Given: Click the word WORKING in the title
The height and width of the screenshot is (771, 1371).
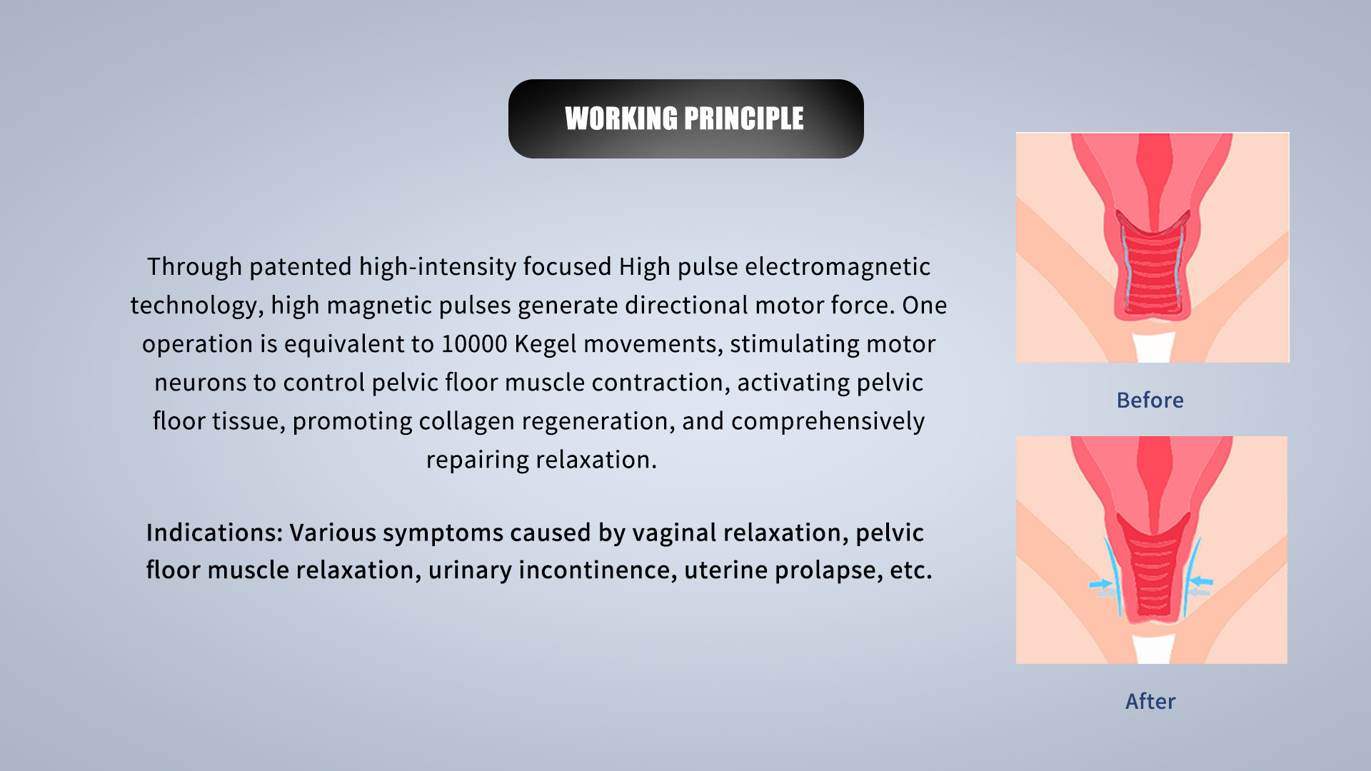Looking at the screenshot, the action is pyautogui.click(x=621, y=119).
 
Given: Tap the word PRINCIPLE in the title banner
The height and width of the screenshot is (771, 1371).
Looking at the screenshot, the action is pyautogui.click(x=745, y=119).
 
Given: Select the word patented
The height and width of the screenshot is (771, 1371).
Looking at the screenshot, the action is pyautogui.click(x=301, y=267).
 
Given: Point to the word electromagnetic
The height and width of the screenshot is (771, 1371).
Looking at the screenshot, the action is pyautogui.click(x=838, y=267).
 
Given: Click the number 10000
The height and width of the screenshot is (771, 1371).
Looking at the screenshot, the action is pyautogui.click(x=474, y=344).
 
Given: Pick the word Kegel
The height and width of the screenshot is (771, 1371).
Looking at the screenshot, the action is pyautogui.click(x=546, y=344).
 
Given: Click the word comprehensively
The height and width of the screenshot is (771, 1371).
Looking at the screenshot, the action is pyautogui.click(x=828, y=421).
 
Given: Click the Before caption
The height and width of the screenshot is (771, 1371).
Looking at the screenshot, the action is pyautogui.click(x=1150, y=400).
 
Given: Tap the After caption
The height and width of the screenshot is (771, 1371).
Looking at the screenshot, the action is pyautogui.click(x=1150, y=702).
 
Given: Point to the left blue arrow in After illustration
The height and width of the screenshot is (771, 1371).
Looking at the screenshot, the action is pyautogui.click(x=1100, y=584).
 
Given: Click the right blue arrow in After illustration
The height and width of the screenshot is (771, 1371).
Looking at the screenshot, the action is pyautogui.click(x=1201, y=581).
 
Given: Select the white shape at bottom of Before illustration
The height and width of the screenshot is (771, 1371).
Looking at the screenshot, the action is pyautogui.click(x=1153, y=347).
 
